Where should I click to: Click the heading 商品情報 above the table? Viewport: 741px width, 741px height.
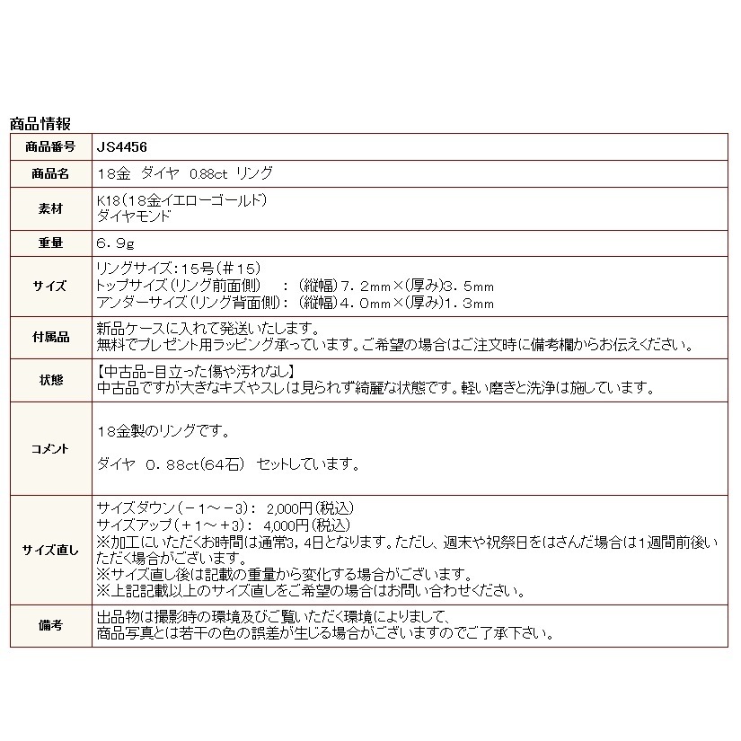tap(40, 124)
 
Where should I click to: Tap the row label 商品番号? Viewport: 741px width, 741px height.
tap(51, 146)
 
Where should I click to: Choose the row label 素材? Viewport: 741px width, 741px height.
tap(51, 207)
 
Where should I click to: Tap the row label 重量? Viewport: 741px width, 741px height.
tap(51, 242)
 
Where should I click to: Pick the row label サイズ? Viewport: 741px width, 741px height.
tap(51, 286)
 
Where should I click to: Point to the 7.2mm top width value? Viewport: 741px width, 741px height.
tap(367, 286)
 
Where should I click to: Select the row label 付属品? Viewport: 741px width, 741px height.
tap(51, 336)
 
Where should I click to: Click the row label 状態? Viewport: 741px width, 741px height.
tap(51, 379)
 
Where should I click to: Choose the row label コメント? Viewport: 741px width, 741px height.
tap(51, 447)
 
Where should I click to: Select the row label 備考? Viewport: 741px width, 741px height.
tap(51, 625)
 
